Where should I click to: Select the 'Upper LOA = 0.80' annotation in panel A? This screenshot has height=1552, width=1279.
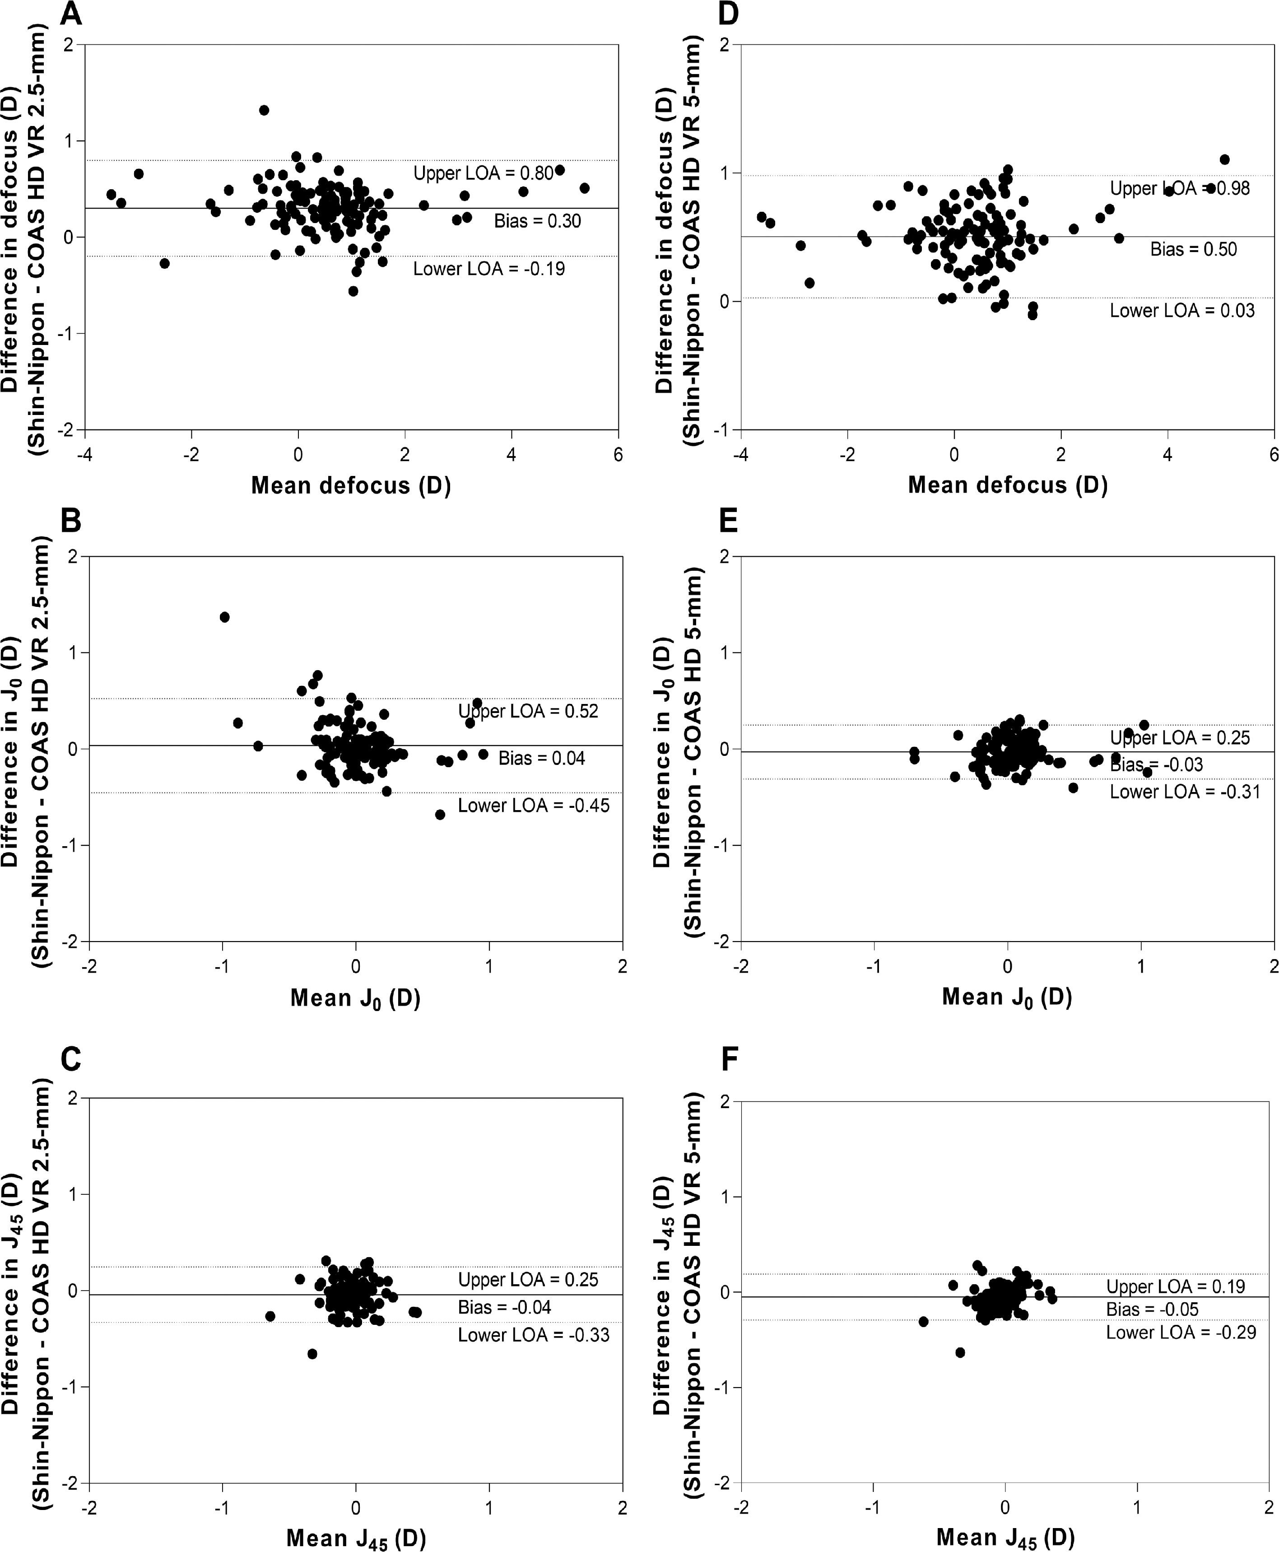click(483, 173)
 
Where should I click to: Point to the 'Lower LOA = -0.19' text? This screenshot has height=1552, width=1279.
click(488, 268)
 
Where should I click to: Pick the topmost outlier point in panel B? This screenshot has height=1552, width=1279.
click(225, 617)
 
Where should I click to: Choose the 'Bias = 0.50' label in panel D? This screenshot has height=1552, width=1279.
click(1194, 249)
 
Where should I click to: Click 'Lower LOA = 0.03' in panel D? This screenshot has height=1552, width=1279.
click(1182, 310)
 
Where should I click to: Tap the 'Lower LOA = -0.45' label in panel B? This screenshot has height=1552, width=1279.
click(534, 806)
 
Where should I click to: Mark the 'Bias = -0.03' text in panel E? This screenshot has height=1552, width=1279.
click(1156, 765)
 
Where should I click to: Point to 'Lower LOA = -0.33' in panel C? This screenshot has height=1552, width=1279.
click(534, 1335)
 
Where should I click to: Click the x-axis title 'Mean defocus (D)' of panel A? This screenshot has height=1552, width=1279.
click(351, 485)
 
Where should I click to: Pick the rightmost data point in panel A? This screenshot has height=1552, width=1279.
click(584, 188)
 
